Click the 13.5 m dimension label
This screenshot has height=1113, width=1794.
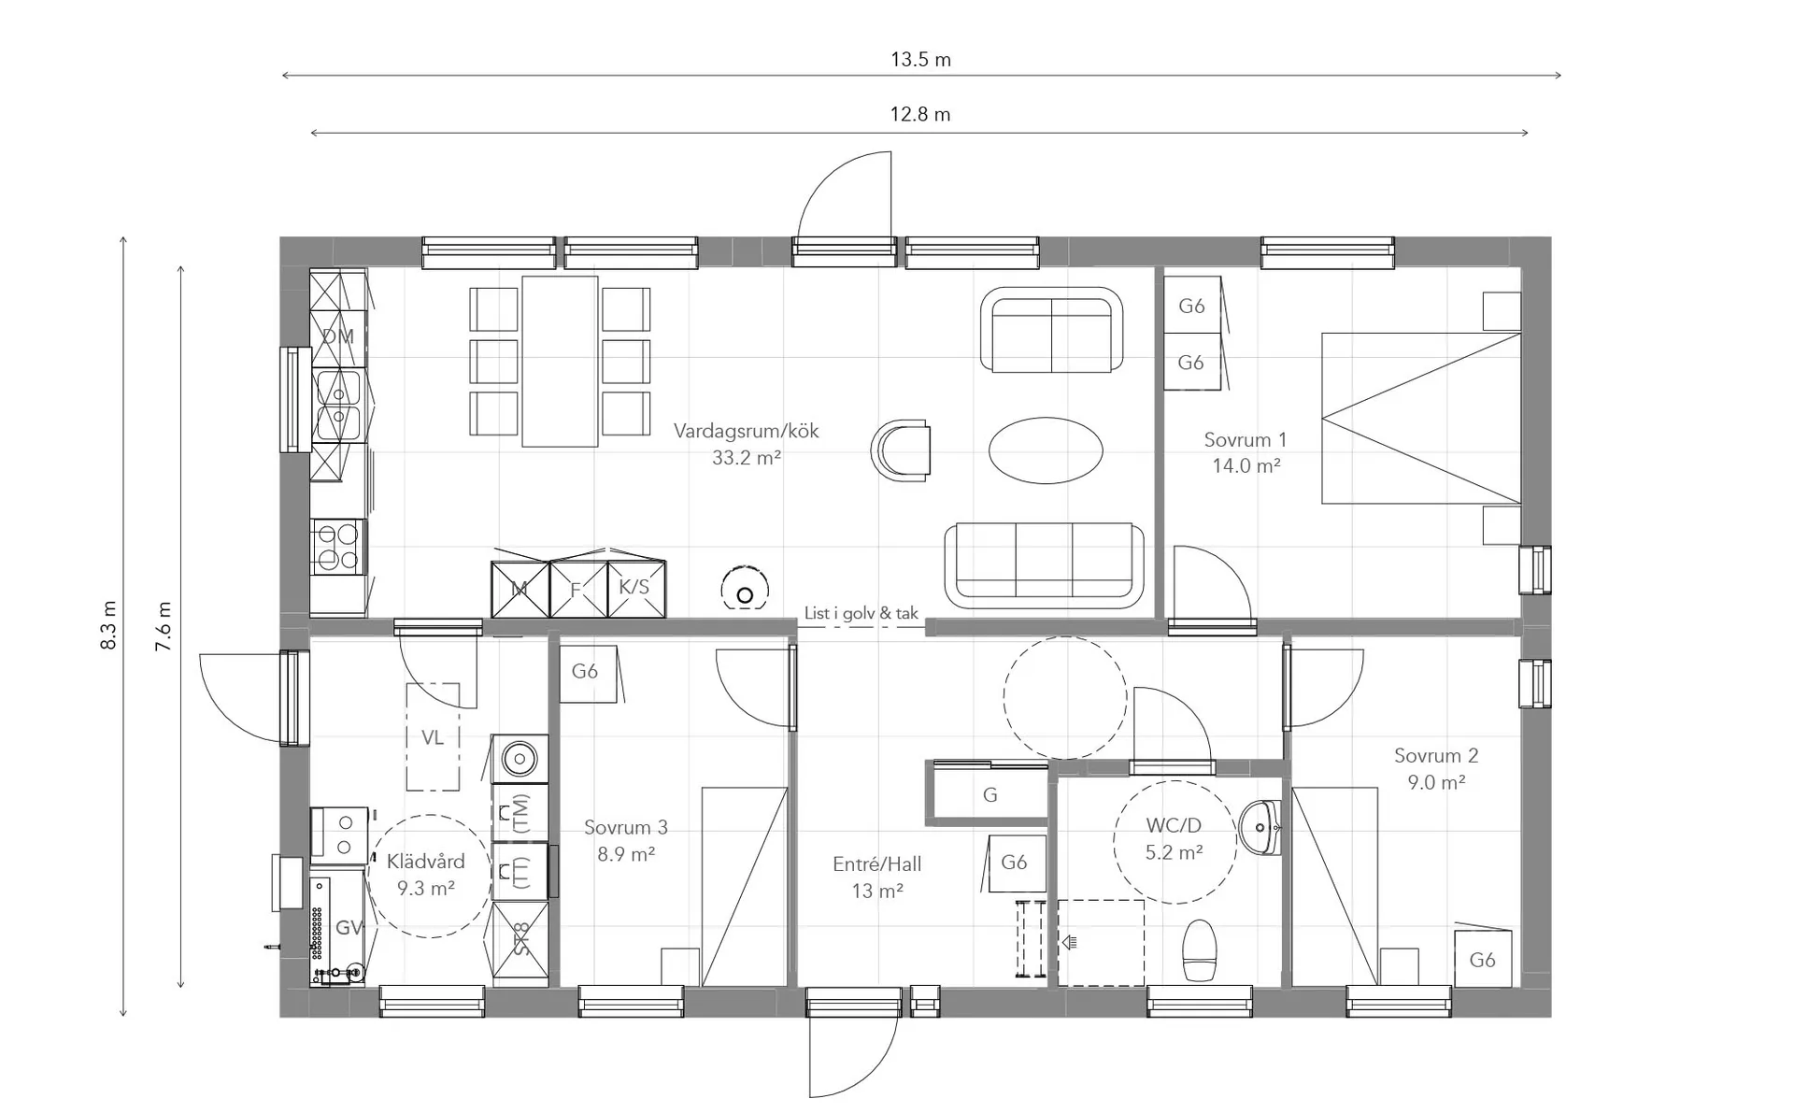(x=920, y=60)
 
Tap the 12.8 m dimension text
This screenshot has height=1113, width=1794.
(x=920, y=114)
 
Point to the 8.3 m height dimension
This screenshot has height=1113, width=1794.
(x=109, y=625)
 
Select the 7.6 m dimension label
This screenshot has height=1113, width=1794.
(x=164, y=626)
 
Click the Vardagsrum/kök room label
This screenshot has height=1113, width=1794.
(x=746, y=431)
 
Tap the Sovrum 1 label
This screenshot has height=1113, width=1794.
(x=1245, y=439)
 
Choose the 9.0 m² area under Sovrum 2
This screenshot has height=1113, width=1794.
(x=1436, y=782)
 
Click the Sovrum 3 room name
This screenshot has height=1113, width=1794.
(x=626, y=827)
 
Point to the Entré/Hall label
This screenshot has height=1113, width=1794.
(x=876, y=864)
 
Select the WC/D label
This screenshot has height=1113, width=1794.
(x=1174, y=825)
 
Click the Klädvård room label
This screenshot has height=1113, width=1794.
(x=425, y=862)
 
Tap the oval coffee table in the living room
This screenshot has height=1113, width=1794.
(x=1046, y=450)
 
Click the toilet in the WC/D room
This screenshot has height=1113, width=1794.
(x=1198, y=950)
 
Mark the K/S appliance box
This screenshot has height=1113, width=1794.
(x=636, y=588)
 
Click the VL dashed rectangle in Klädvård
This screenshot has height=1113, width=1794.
(x=433, y=736)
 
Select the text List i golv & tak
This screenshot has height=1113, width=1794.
(x=861, y=613)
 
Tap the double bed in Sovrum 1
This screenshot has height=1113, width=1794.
(x=1420, y=418)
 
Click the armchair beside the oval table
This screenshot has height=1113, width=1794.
(x=902, y=450)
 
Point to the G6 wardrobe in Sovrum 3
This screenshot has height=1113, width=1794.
(x=588, y=673)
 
